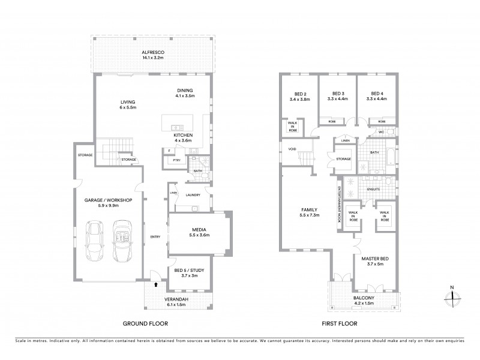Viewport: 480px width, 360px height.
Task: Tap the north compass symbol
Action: click(x=453, y=295)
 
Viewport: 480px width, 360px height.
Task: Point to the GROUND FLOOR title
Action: click(x=145, y=323)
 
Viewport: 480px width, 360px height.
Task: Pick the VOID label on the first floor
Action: click(x=292, y=149)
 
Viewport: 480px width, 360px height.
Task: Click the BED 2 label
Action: click(x=301, y=94)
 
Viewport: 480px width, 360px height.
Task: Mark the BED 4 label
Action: click(x=377, y=94)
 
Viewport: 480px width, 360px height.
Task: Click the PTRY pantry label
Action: click(x=176, y=160)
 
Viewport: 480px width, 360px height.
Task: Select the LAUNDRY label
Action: click(x=193, y=195)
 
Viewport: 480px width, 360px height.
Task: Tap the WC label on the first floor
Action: click(x=381, y=132)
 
